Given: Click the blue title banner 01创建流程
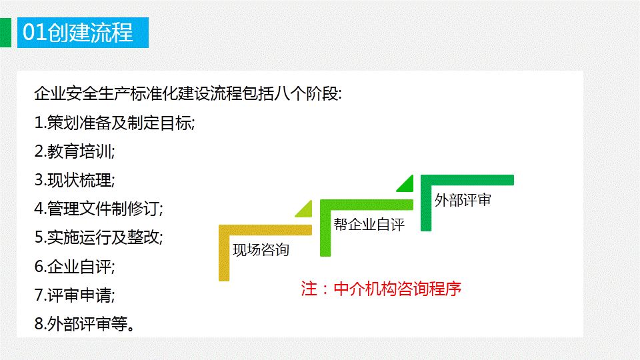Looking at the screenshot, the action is pyautogui.click(x=83, y=33).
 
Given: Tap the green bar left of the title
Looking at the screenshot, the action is pyautogui.click(x=5, y=33).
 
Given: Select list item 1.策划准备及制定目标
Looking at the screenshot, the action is pyautogui.click(x=115, y=123).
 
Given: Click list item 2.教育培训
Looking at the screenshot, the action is pyautogui.click(x=75, y=151).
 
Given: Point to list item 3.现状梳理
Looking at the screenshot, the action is pyautogui.click(x=75, y=181).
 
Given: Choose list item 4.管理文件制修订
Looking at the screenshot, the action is pyautogui.click(x=99, y=209).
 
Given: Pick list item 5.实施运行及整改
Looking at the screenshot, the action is pyautogui.click(x=99, y=237).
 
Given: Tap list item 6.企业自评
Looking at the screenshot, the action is pyautogui.click(x=75, y=267).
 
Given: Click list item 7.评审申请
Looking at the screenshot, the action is pyautogui.click(x=75, y=295).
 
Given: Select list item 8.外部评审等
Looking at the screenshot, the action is pyautogui.click(x=85, y=324).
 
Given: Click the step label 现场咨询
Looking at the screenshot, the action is pyautogui.click(x=261, y=250).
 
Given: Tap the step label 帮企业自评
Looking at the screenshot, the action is pyautogui.click(x=369, y=225).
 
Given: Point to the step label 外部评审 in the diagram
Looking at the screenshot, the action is pyautogui.click(x=463, y=200).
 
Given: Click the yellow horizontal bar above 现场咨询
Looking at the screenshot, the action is pyautogui.click(x=265, y=230).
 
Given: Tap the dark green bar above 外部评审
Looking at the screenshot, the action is pyautogui.click(x=467, y=180).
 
